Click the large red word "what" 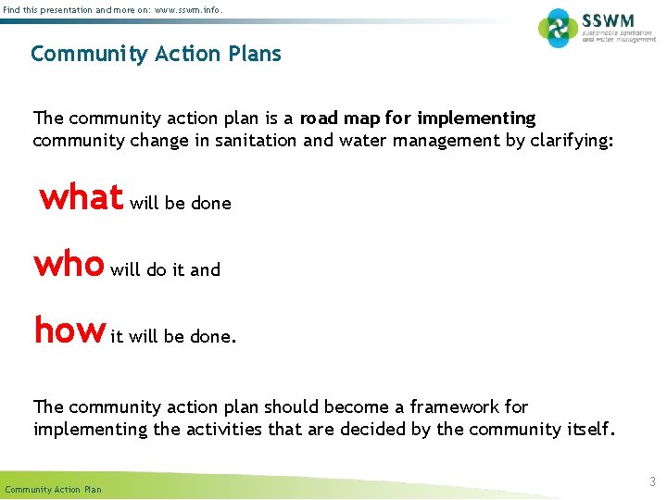[82, 196]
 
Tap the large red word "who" [69, 264]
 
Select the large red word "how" [69, 331]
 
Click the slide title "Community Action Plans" [156, 54]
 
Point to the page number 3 [651, 481]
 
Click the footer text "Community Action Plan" [54, 489]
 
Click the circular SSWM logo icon [559, 28]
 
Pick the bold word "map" [366, 119]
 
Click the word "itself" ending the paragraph [586, 429]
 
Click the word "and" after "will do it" [206, 270]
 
